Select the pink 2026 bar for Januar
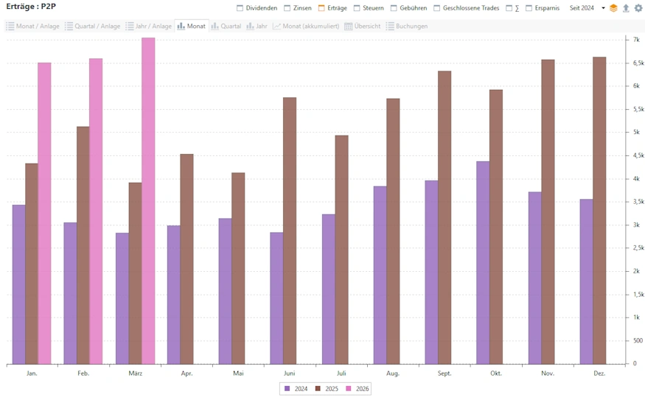[44, 213]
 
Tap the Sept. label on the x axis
[444, 374]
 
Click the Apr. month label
[186, 374]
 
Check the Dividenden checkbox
[240, 8]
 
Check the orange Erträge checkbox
[321, 8]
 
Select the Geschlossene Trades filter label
[470, 8]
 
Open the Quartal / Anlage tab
[92, 26]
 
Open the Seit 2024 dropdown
[587, 8]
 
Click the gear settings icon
[638, 8]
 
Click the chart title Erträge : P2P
[31, 7]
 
